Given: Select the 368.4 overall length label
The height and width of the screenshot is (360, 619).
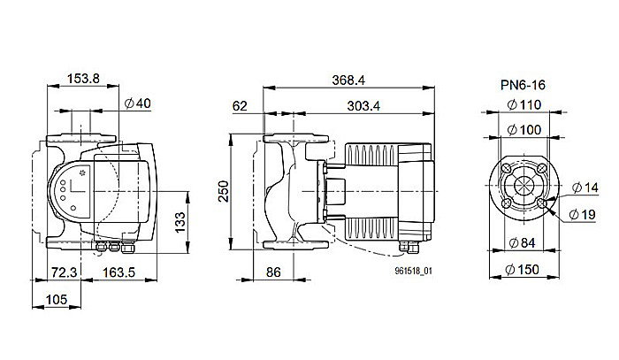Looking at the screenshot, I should [348, 80].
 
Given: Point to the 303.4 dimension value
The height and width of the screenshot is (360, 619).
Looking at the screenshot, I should [365, 106].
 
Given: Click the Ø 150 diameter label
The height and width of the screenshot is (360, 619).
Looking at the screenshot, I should [524, 270].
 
